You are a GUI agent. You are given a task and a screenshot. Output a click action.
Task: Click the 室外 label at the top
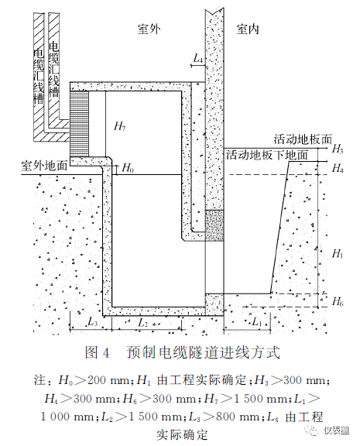pyautogui.click(x=149, y=29)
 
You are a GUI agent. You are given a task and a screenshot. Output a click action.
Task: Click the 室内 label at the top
pyautogui.click(x=248, y=29)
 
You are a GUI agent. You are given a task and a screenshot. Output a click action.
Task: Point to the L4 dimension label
pyautogui.click(x=198, y=58)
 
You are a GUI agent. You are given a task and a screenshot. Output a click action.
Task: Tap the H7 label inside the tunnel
pyautogui.click(x=120, y=125)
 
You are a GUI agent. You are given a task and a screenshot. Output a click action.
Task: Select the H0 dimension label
pyautogui.click(x=128, y=168)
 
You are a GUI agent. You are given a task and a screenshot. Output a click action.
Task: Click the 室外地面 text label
pyautogui.click(x=44, y=165)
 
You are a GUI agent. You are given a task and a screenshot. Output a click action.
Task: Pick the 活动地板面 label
pyautogui.click(x=303, y=139)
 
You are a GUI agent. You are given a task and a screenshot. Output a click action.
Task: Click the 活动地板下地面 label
pyautogui.click(x=267, y=155)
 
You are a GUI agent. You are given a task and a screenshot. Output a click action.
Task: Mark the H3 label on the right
pyautogui.click(x=338, y=149)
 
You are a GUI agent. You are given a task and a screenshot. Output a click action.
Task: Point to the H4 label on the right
pyautogui.click(x=338, y=168)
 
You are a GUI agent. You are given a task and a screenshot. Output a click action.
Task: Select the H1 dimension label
pyautogui.click(x=338, y=253)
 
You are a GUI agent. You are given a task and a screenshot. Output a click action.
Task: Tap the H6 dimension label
pyautogui.click(x=338, y=301)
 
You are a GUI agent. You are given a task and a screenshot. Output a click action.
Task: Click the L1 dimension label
pyautogui.click(x=257, y=321)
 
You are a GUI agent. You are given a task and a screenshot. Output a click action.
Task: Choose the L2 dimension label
pyautogui.click(x=143, y=323)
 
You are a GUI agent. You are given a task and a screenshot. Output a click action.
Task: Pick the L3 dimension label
pyautogui.click(x=93, y=321)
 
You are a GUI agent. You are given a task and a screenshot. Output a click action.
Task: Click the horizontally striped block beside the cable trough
pyautogui.click(x=79, y=124)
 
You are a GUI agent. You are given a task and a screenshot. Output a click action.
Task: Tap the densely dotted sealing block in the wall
pyautogui.click(x=214, y=225)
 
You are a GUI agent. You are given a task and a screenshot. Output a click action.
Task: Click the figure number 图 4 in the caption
pyautogui.click(x=97, y=352)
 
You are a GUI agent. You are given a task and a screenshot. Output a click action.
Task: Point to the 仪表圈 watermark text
pyautogui.click(x=337, y=431)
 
